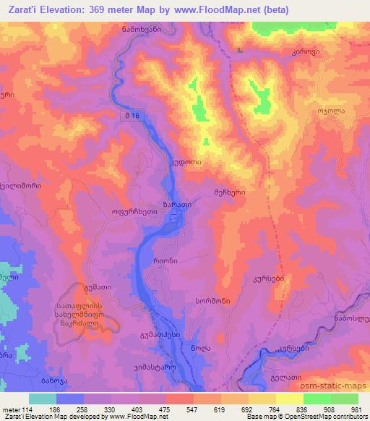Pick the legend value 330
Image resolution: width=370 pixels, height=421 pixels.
pos(111,409)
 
